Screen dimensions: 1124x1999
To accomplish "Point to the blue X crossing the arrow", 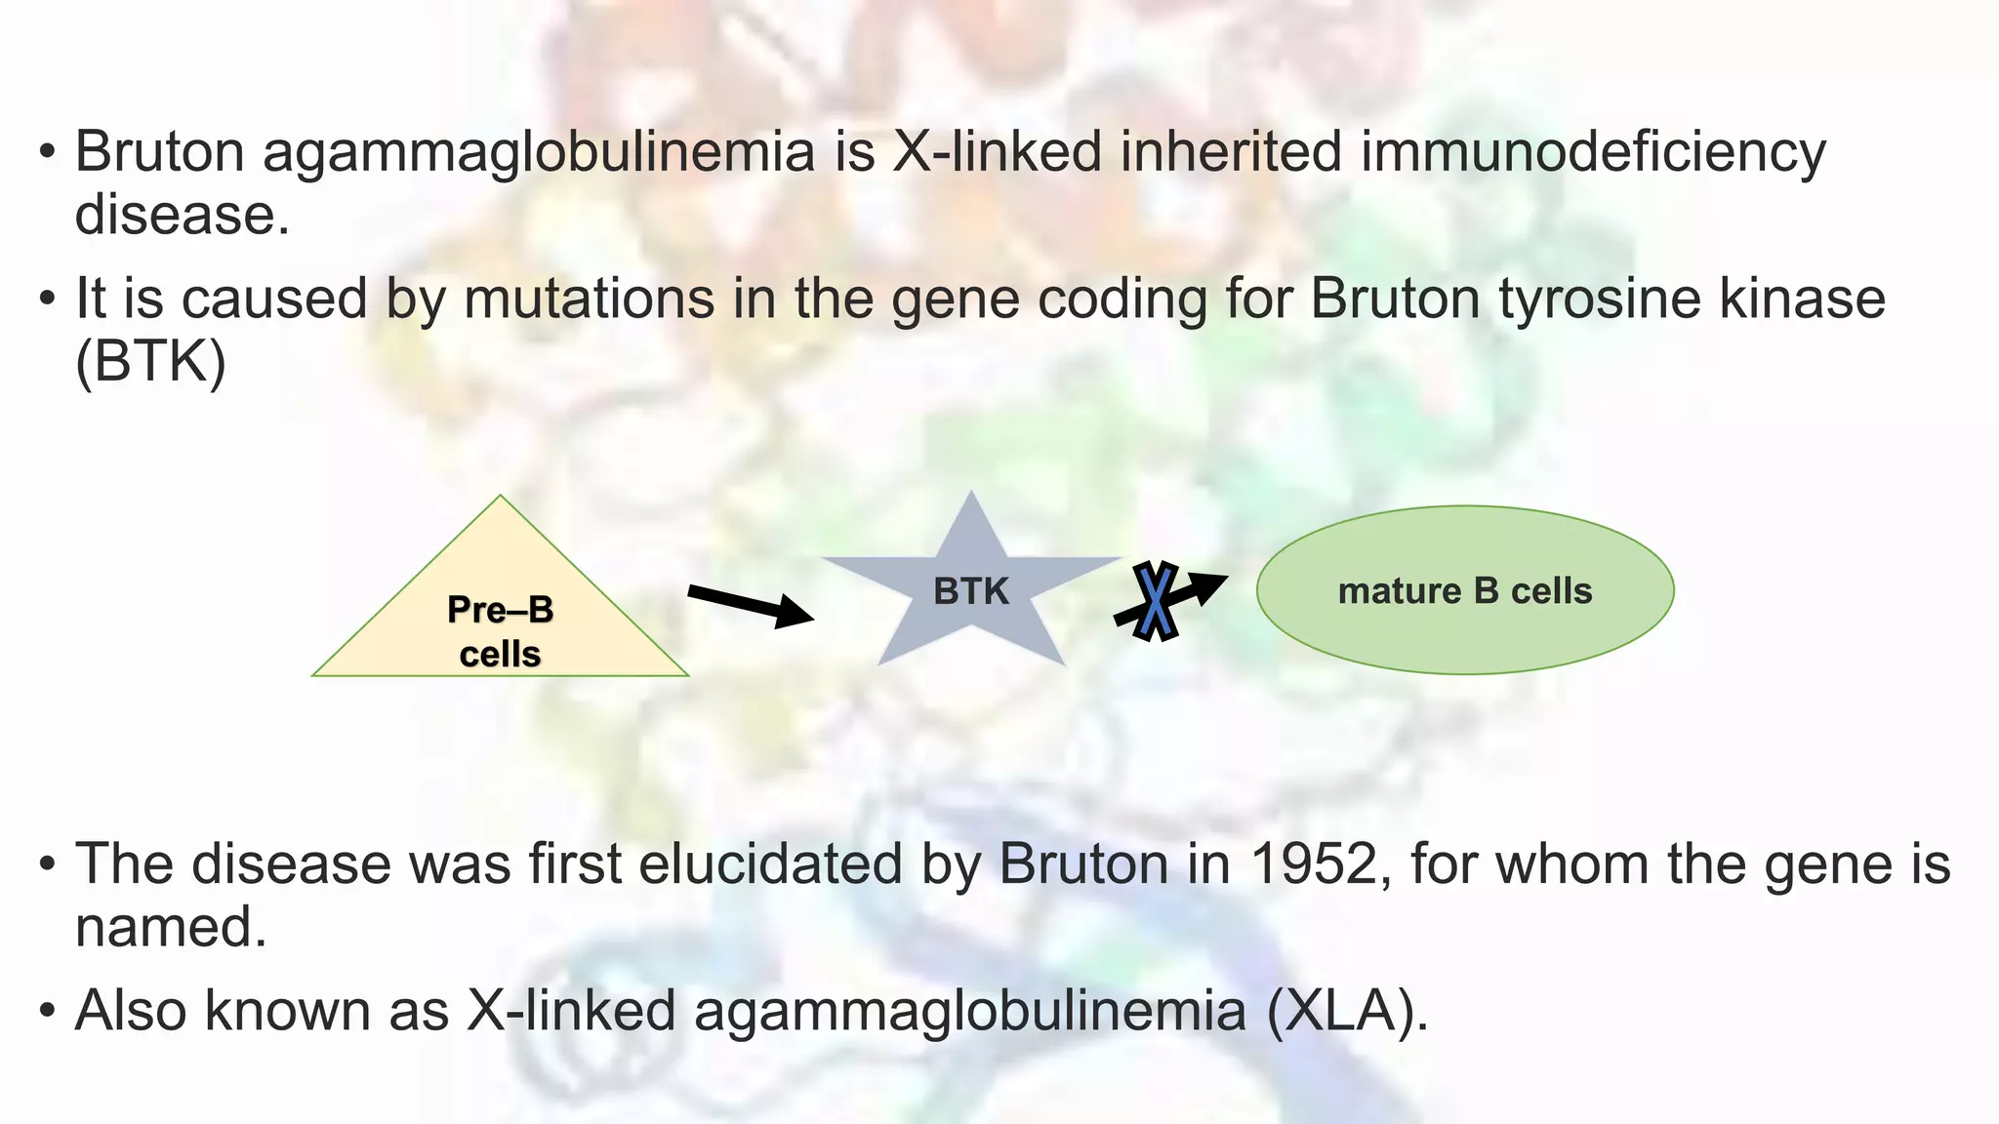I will [1156, 601].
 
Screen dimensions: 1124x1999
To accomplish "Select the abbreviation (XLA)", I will [1347, 1011].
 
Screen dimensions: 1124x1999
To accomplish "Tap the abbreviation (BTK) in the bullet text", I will [150, 362].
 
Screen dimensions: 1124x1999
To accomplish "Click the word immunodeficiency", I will [1592, 153].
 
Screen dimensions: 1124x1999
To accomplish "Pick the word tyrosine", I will [1600, 299].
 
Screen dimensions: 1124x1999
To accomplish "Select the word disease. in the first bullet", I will [182, 216].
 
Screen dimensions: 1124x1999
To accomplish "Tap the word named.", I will [171, 927].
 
